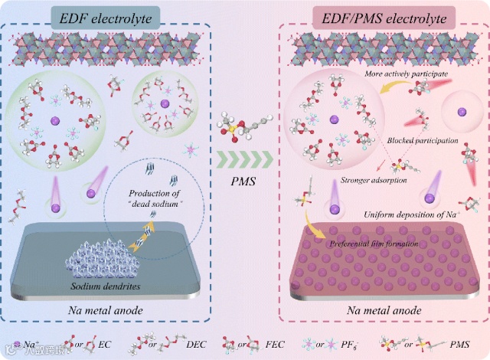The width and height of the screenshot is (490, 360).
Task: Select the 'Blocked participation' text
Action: pos(417,141)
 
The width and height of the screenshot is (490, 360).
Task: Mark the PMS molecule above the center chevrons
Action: pos(243,128)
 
